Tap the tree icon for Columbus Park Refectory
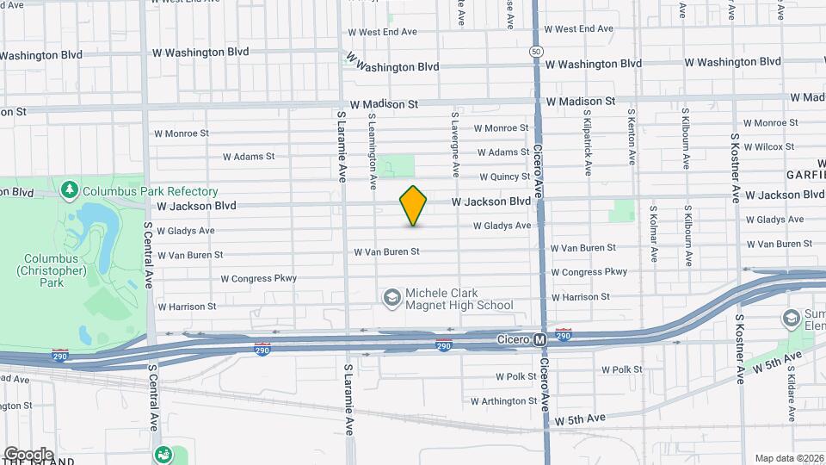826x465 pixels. [71, 189]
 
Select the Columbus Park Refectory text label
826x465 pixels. [150, 191]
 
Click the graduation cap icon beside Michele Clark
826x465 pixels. [392, 297]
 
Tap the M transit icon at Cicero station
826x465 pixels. [540, 340]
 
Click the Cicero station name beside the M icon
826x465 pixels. [513, 340]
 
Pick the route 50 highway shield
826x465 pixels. [536, 52]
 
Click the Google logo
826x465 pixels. [28, 455]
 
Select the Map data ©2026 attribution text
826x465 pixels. [788, 458]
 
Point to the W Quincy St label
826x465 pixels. [502, 177]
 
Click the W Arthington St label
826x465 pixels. [504, 401]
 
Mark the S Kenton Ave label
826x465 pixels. [632, 137]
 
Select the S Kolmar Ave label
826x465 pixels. [654, 233]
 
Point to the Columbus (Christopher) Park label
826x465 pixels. [52, 270]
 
